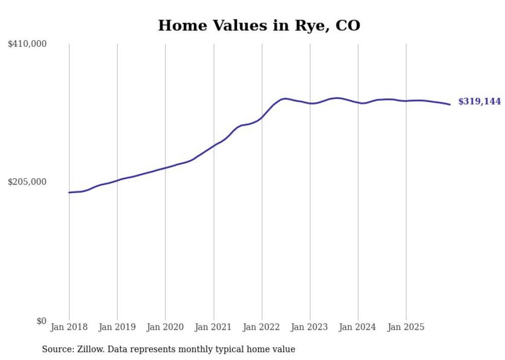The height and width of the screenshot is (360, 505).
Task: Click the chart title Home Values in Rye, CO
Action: click(259, 25)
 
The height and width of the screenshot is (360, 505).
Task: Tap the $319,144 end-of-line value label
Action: click(479, 101)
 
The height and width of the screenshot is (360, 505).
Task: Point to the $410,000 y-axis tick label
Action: click(27, 44)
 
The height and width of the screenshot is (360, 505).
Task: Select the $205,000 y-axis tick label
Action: click(27, 182)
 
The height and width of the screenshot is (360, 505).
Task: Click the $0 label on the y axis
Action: click(41, 321)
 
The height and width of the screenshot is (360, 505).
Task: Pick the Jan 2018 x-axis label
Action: click(69, 327)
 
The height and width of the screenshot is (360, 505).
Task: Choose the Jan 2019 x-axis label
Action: click(117, 327)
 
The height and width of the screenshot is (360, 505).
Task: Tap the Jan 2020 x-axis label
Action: click(165, 327)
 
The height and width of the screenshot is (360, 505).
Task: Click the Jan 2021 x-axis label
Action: click(213, 327)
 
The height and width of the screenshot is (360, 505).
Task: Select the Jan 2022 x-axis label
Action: click(262, 327)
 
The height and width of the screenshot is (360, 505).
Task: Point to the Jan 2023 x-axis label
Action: click(310, 327)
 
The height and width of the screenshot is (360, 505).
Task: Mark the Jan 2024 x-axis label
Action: click(358, 327)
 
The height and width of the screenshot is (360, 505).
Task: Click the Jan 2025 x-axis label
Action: click(406, 327)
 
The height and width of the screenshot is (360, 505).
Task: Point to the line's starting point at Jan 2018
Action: click(69, 193)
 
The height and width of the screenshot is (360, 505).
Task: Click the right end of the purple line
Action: click(450, 105)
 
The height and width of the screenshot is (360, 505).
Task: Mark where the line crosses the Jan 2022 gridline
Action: click(262, 117)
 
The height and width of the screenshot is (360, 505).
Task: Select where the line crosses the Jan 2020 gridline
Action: click(165, 168)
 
